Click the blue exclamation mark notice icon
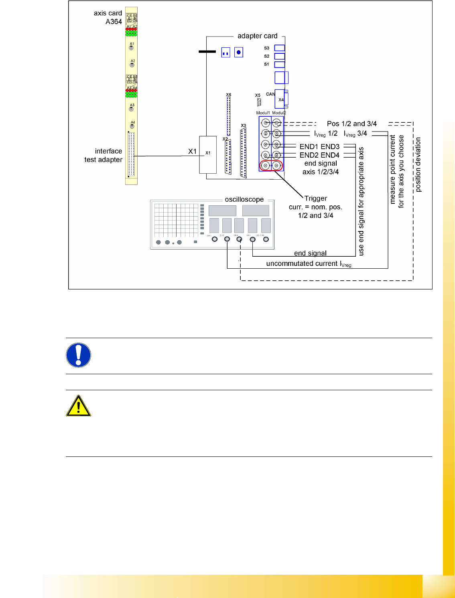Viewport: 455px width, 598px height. click(79, 355)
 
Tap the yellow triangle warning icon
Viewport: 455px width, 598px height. click(79, 406)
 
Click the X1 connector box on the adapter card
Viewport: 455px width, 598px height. click(208, 155)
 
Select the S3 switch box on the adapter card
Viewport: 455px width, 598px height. click(279, 48)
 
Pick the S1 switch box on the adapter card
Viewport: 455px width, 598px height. click(279, 65)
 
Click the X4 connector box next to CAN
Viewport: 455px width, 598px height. click(280, 99)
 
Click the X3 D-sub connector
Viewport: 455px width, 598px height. click(243, 153)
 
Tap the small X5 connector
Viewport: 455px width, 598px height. click(259, 102)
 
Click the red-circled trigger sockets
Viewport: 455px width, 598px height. click(271, 165)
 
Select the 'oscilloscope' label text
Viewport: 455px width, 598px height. click(244, 199)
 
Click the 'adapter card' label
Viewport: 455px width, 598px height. click(257, 36)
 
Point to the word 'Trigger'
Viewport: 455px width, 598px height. click(316, 199)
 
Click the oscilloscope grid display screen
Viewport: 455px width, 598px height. click(176, 221)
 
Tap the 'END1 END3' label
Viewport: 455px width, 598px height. click(319, 147)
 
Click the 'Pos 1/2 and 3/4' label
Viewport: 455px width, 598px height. click(351, 124)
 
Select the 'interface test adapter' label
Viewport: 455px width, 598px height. click(104, 155)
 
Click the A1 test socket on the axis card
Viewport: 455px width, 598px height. click(131, 48)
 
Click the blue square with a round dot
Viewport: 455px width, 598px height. click(239, 52)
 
